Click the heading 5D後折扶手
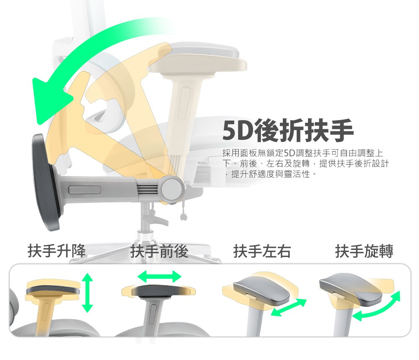coord(288,131)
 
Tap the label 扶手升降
coord(57,251)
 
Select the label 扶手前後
coord(159,251)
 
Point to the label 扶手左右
coord(262,251)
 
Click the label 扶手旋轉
coord(364,251)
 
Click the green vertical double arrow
coord(87,293)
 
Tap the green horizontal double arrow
coord(160,276)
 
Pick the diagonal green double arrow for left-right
coord(288,308)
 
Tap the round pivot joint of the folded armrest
coord(172,189)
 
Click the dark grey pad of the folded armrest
coord(45,182)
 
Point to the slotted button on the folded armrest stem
coord(85,190)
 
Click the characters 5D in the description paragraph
coord(289,153)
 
